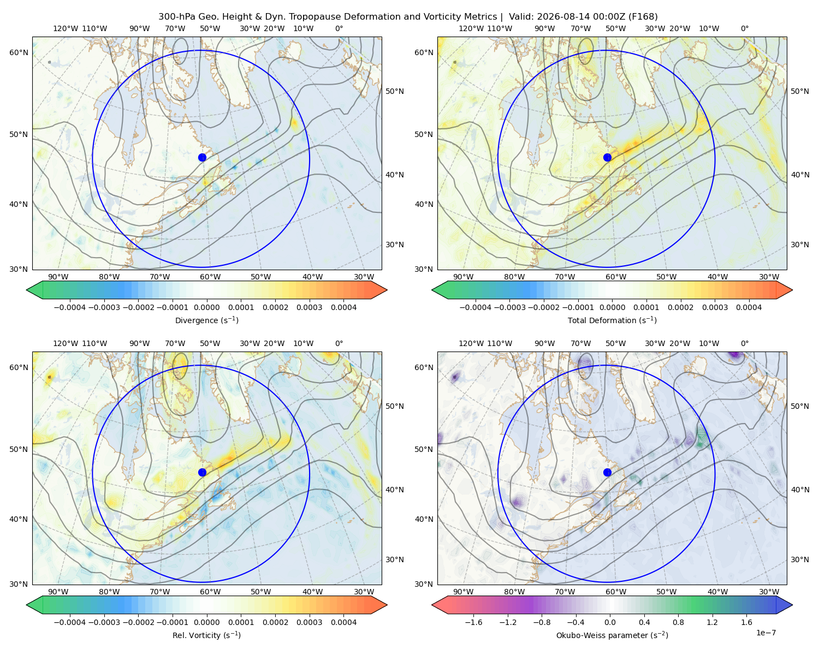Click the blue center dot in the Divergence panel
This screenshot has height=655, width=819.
point(202,157)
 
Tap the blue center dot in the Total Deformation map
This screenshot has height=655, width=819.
point(607,157)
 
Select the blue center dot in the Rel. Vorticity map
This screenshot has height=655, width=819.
point(202,472)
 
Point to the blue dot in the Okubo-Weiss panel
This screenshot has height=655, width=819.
point(607,472)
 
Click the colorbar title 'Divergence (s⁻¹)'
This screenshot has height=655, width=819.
point(206,320)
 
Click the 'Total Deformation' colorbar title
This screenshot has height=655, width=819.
point(612,320)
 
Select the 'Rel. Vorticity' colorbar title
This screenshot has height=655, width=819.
point(206,635)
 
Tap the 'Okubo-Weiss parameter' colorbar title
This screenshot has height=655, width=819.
point(612,635)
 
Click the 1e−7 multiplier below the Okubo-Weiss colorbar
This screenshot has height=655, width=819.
point(765,633)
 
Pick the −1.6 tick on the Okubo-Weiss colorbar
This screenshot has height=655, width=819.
point(473,622)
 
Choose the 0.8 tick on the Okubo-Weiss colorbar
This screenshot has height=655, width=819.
point(678,622)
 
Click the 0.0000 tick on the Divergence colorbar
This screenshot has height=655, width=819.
point(206,307)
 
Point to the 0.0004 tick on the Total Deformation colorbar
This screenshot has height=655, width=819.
point(749,307)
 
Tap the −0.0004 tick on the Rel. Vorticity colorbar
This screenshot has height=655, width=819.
point(70,622)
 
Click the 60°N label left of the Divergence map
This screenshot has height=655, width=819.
point(19,52)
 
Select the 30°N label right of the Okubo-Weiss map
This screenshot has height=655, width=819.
point(800,559)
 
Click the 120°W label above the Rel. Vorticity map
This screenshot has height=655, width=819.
point(66,343)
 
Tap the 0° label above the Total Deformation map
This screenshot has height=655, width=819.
point(744,28)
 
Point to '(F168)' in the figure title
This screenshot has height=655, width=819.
point(643,17)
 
